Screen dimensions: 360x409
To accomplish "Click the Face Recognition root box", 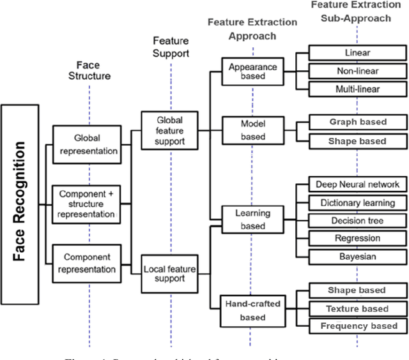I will pos(19,204).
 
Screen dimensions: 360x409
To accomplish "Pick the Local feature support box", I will pos(169,273).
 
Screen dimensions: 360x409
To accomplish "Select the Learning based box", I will pos(252,220).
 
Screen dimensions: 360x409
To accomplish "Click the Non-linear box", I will pos(357,71).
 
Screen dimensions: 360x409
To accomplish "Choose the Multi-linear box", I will pos(357,89).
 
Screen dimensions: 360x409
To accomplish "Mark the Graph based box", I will pos(357,122).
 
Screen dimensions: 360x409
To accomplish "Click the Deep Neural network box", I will pos(357,184).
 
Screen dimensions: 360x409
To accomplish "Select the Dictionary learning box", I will pos(357,203).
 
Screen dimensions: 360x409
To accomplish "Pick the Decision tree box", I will pos(357,221).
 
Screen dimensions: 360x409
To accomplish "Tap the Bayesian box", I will pos(357,257).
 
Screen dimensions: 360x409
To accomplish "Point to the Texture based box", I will pos(357,308).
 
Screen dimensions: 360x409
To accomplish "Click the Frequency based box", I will pos(357,326).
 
